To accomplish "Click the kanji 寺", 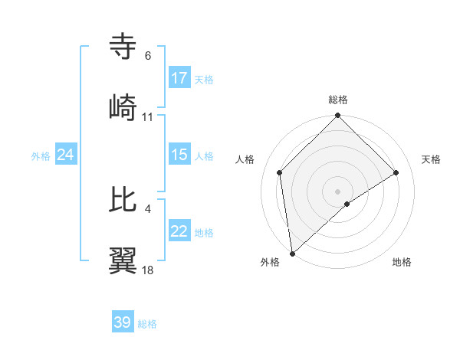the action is [x=123, y=47].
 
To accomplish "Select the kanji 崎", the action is [x=123, y=107].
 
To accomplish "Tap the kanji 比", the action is [x=123, y=200].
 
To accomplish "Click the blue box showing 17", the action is [x=179, y=78].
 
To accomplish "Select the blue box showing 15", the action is [x=179, y=155].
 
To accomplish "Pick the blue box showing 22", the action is [x=179, y=231].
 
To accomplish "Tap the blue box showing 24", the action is [x=66, y=155].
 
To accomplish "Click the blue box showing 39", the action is [x=123, y=322].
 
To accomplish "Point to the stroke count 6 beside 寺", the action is [x=147, y=56].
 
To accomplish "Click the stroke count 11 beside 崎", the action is [x=148, y=117].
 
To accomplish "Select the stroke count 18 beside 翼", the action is [x=148, y=270].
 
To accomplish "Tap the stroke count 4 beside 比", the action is [x=147, y=209].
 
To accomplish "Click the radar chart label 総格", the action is [x=338, y=100].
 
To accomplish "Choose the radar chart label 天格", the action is [x=431, y=159].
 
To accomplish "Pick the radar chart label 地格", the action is [x=402, y=262].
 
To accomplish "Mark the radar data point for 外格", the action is [x=292, y=253].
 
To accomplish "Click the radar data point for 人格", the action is [x=280, y=172].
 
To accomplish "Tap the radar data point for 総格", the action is [x=338, y=116].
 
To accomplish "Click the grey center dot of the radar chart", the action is [x=338, y=191].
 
